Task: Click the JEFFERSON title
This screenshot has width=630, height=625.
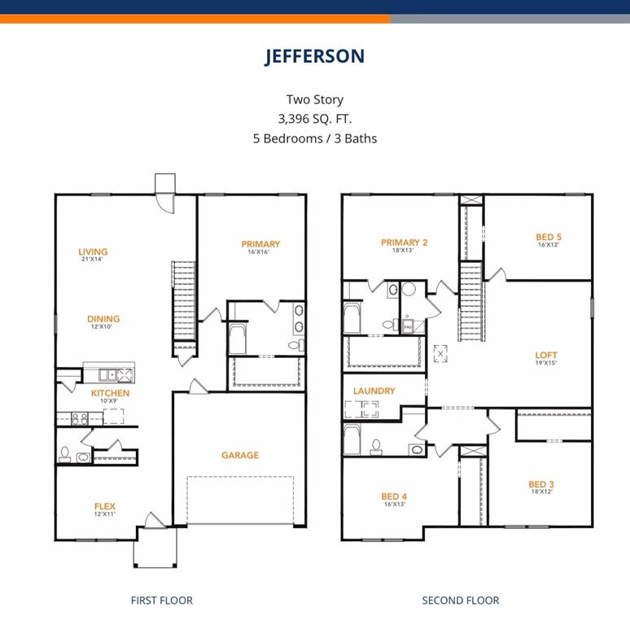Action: tap(314, 56)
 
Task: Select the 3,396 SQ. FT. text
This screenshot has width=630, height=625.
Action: tap(314, 118)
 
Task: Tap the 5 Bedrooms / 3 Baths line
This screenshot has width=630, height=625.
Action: tap(314, 138)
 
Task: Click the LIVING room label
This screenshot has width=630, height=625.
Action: tap(93, 252)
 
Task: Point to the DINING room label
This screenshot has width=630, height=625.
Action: tap(103, 319)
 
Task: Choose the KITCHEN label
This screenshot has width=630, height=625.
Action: tap(110, 393)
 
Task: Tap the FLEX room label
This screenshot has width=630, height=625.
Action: tap(104, 507)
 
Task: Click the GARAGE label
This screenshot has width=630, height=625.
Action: tap(240, 455)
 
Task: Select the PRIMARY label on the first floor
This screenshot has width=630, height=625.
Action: tap(260, 244)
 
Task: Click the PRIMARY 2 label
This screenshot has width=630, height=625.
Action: tap(405, 243)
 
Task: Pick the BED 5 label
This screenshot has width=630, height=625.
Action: tap(549, 238)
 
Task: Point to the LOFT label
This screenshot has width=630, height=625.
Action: tap(546, 356)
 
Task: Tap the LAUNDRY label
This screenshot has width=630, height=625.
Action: tap(374, 391)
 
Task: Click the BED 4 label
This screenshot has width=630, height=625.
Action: tap(394, 496)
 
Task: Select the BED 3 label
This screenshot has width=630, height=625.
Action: tap(541, 485)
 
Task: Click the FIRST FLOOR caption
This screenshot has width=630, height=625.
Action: tap(162, 601)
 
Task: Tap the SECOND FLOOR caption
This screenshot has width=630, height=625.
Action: tap(461, 601)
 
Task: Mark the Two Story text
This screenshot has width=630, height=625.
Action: tap(314, 99)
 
